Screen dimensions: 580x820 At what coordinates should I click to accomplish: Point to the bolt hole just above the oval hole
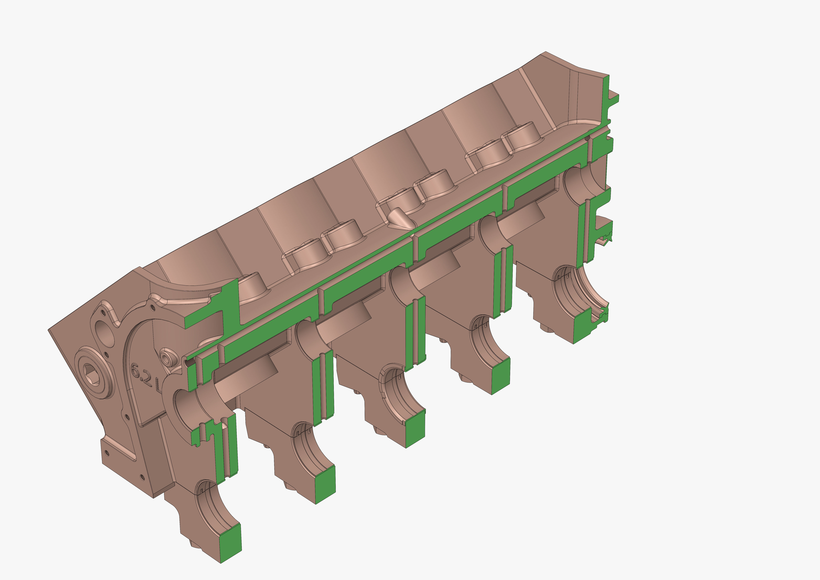pyautogui.click(x=103, y=313)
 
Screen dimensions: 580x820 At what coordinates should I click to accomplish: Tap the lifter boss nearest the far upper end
pyautogui.click(x=521, y=138)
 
